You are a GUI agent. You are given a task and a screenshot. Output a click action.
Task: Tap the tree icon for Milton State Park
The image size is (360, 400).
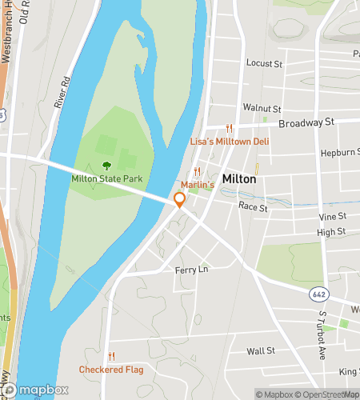[106, 166]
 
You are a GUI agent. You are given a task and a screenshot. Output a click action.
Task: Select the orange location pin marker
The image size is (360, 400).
[180, 200]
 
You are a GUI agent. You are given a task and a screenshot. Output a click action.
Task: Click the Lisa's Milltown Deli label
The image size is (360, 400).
[229, 141]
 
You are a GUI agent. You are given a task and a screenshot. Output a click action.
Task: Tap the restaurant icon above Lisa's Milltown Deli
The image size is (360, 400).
[229, 128]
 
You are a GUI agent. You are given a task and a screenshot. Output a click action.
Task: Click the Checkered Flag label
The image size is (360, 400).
[111, 370]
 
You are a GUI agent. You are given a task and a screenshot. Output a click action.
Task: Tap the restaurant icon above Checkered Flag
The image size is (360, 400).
[111, 357]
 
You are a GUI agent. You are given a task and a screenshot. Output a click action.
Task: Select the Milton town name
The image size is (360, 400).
[239, 179]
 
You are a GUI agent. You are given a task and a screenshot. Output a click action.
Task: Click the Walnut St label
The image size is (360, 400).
[262, 108]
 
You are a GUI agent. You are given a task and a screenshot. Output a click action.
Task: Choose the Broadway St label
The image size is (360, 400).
[306, 123]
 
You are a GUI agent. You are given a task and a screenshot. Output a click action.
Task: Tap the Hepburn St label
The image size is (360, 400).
[337, 152]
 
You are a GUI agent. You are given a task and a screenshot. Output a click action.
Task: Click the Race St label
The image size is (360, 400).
[251, 206]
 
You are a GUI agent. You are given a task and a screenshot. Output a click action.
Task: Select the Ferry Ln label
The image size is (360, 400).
[191, 270]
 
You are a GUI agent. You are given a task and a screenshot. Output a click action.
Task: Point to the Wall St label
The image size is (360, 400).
[261, 350]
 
